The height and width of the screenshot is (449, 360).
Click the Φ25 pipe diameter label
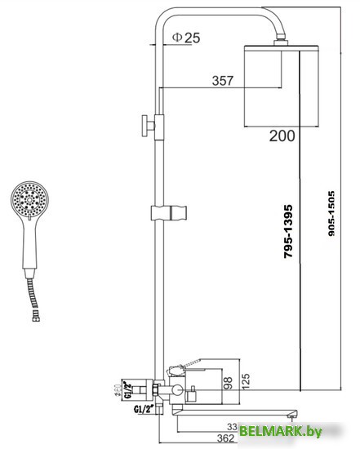coord(187,38)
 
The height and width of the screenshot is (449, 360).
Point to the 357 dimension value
coord(222,80)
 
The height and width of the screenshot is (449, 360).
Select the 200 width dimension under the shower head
coord(282,136)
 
